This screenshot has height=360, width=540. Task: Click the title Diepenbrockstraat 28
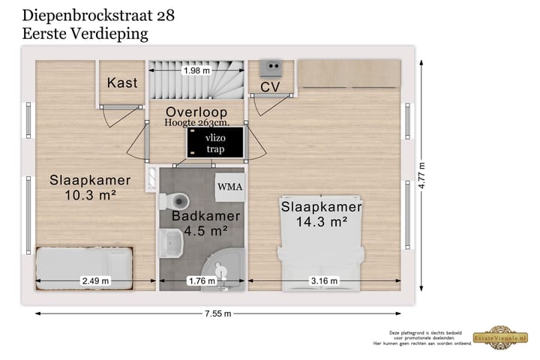click(x=99, y=15)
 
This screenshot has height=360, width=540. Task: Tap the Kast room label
click(x=122, y=82)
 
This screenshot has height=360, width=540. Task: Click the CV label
click(x=270, y=88)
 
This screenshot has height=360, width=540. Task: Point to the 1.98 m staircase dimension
click(x=196, y=70)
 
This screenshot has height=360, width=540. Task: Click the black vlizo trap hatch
click(x=215, y=142)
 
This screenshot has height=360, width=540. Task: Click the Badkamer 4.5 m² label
click(x=205, y=223)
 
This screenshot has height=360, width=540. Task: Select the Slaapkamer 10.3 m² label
click(x=90, y=187)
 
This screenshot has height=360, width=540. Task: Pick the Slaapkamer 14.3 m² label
click(x=321, y=214)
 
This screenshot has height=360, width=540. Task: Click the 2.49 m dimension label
click(x=95, y=281)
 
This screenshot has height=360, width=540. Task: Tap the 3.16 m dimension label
click(x=324, y=281)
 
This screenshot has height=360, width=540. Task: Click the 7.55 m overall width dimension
click(x=217, y=313)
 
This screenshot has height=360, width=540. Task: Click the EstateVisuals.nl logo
click(x=504, y=337)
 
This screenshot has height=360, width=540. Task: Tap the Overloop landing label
click(x=196, y=112)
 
